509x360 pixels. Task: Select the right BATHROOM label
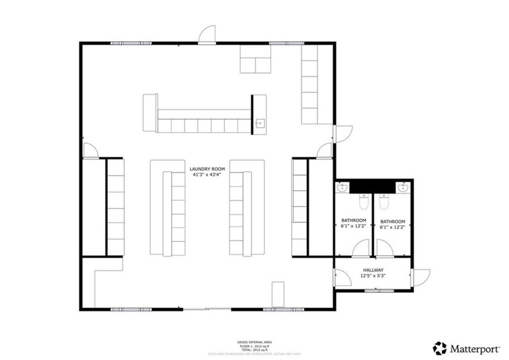click(393, 221)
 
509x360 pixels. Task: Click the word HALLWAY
click(373, 270)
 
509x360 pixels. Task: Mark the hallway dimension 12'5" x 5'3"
click(373, 276)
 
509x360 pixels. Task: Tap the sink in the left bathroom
click(342, 188)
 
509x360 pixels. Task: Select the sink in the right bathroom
click(404, 188)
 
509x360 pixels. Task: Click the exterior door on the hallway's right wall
click(420, 278)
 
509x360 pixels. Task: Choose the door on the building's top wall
click(208, 35)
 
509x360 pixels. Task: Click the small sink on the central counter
click(259, 124)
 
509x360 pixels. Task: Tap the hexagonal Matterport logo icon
click(439, 348)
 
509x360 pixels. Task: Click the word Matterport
click(474, 348)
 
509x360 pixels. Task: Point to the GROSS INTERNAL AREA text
click(254, 342)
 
